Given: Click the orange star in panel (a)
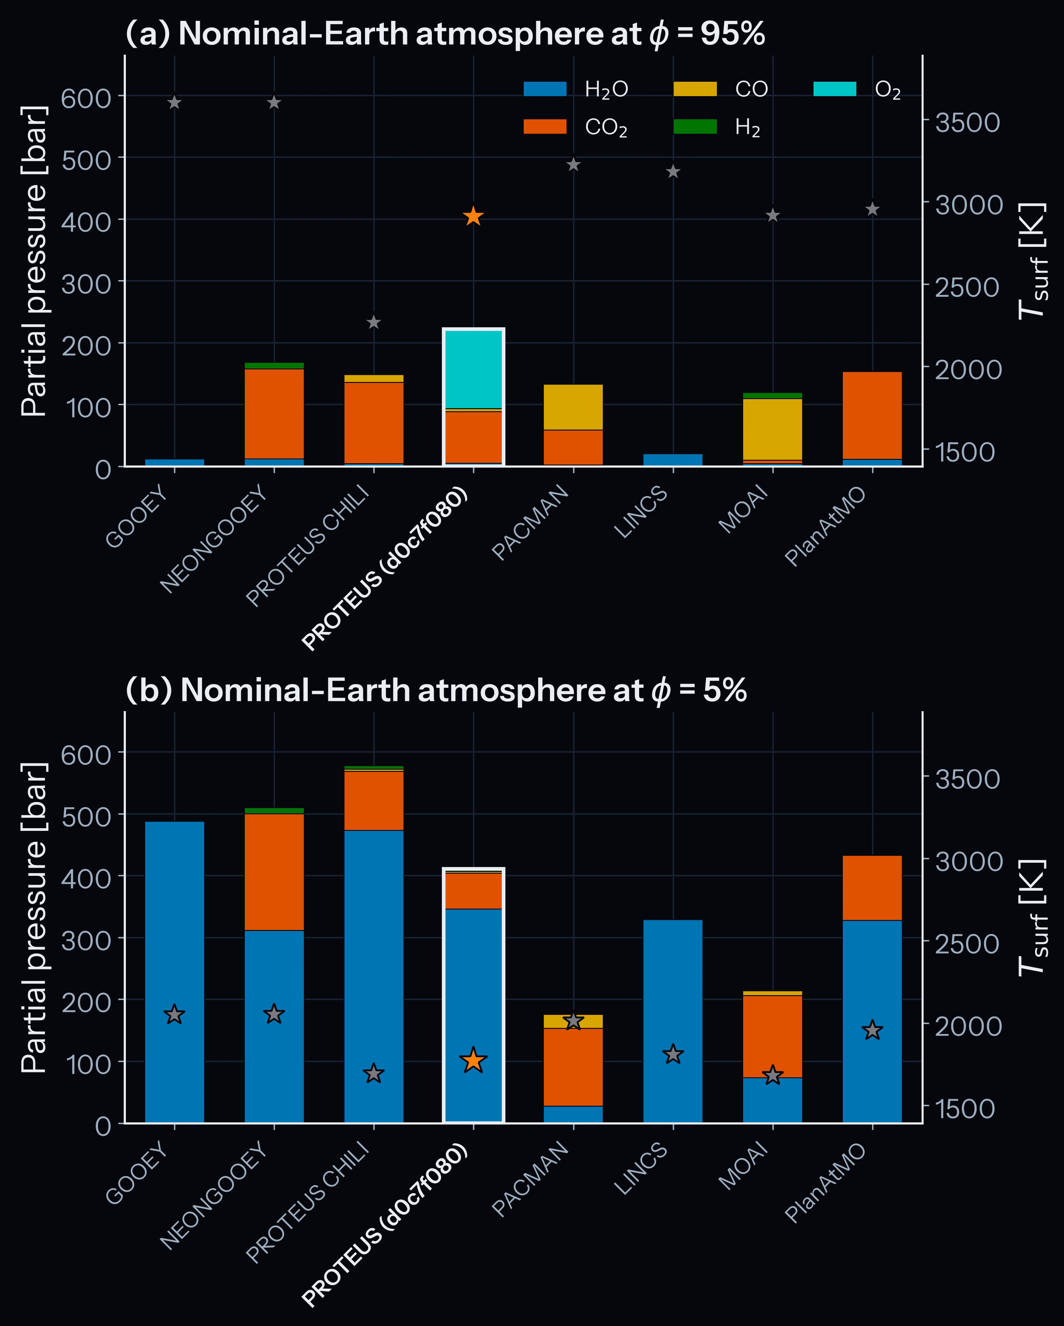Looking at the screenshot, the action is coord(473,216).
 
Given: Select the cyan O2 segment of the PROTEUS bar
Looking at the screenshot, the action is coord(473,369).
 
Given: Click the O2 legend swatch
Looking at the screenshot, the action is coord(835,89).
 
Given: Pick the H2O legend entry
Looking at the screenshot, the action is coord(576,89).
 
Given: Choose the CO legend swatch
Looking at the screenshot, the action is coord(695,89).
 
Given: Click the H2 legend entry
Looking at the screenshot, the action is coord(717,127).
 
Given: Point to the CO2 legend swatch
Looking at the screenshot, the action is coord(545,127).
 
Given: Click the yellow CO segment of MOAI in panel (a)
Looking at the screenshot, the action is coord(772,429).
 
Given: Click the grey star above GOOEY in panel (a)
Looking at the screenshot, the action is coord(175,103).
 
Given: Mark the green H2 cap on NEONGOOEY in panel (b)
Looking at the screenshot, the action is coord(274,811).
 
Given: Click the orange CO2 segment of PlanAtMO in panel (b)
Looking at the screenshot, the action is coord(872,888).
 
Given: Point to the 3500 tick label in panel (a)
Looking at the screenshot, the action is coord(967,122).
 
